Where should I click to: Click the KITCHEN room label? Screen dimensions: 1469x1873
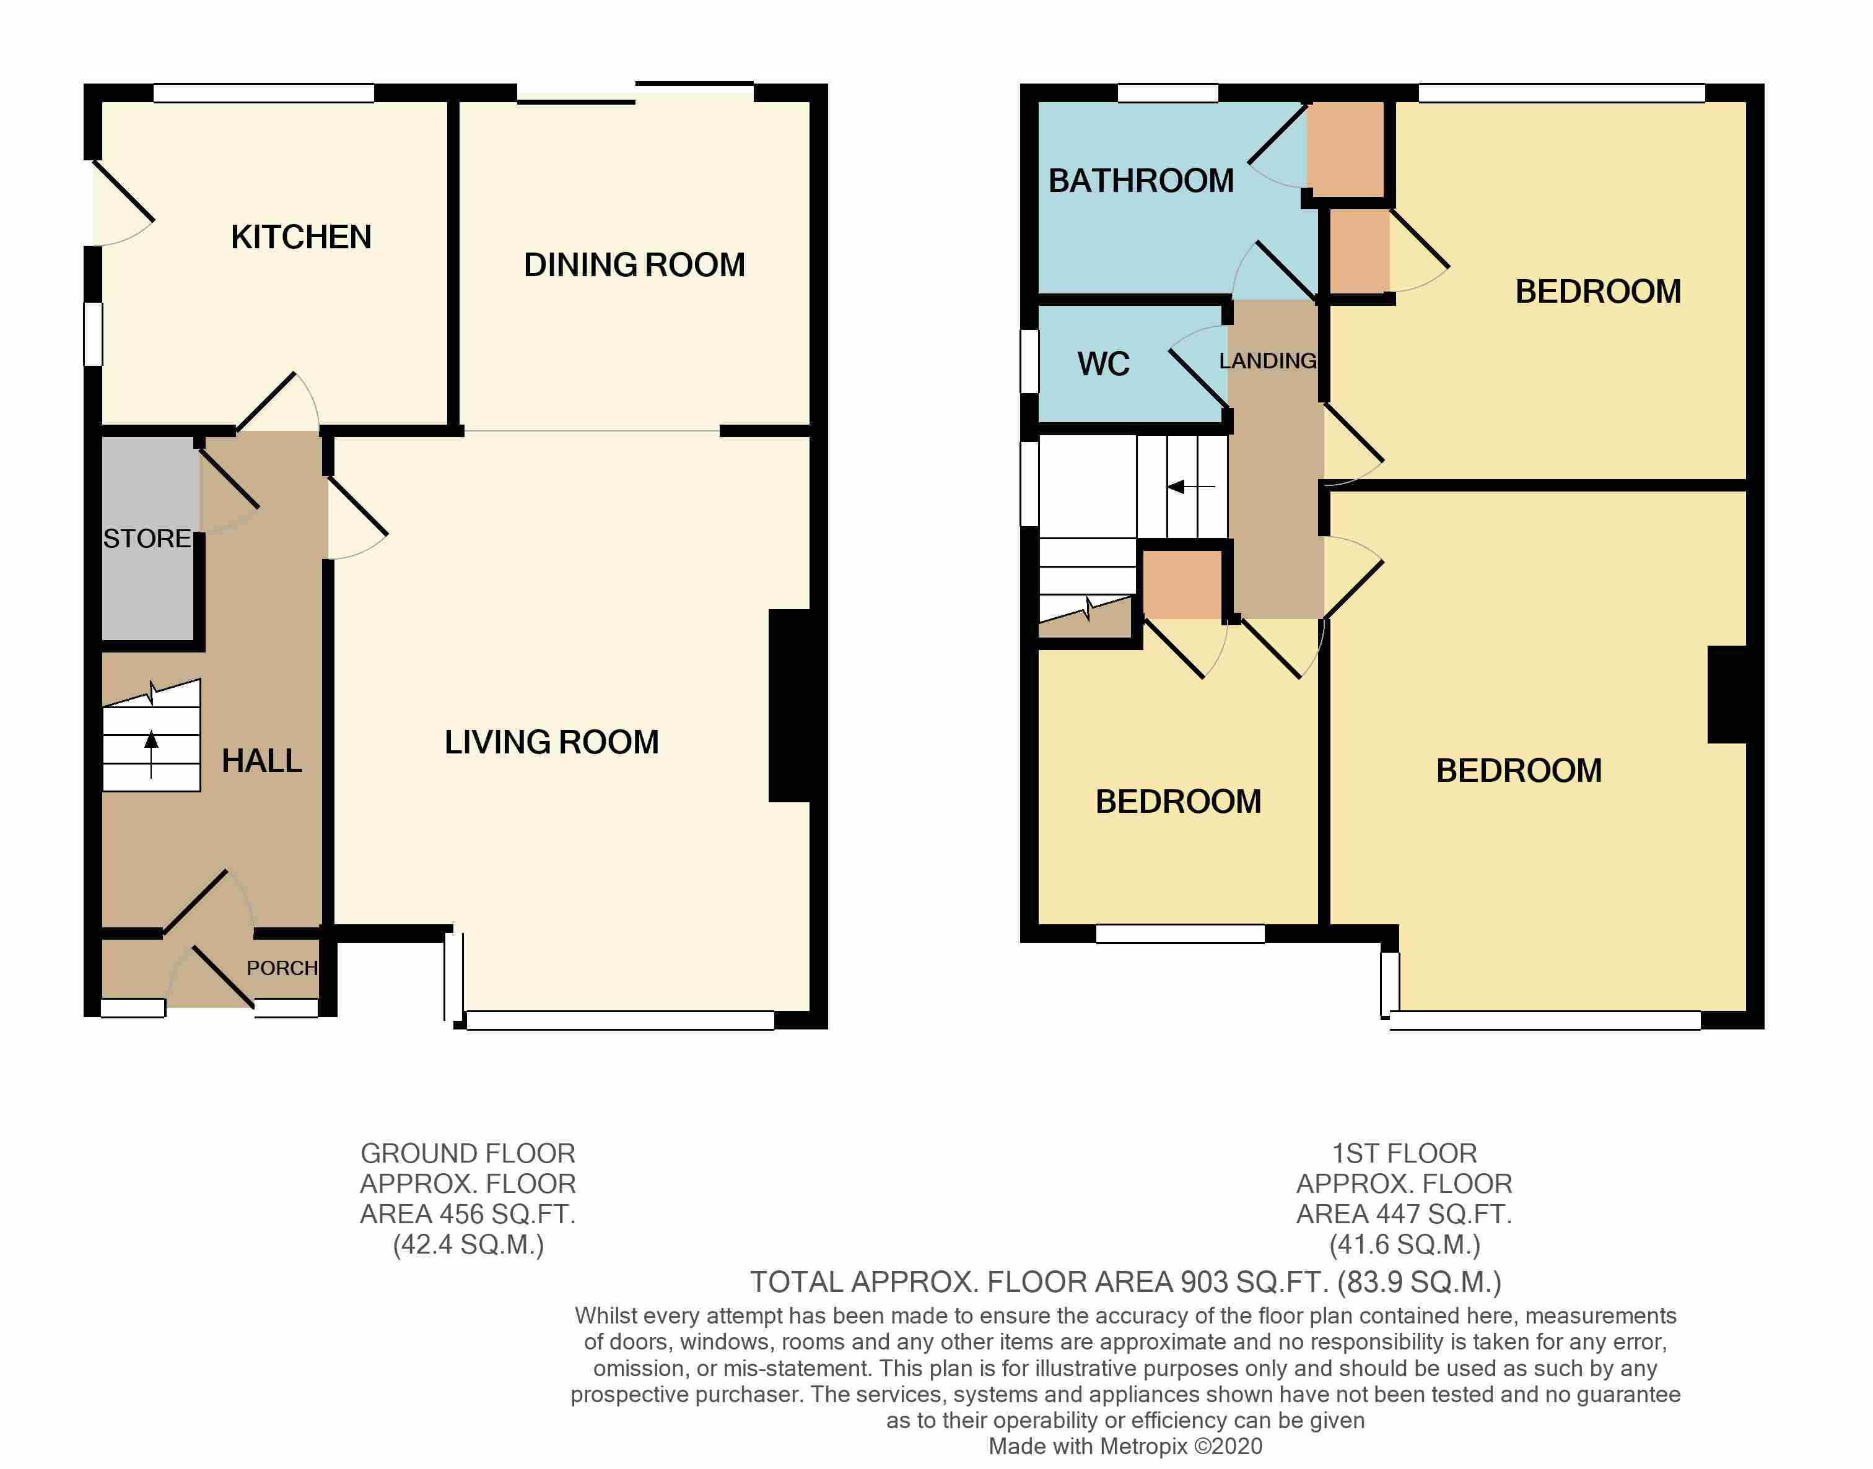pos(300,236)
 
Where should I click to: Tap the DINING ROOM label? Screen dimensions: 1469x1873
pos(634,264)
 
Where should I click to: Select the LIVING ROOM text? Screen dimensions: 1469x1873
pos(551,742)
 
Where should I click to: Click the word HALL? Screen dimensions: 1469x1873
pos(261,760)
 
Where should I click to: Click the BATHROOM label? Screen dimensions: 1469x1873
pos(1141,181)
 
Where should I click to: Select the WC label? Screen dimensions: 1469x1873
pos(1103,364)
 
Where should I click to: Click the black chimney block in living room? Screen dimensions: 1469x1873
pos(790,705)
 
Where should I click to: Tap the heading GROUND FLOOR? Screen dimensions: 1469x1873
pos(467,1153)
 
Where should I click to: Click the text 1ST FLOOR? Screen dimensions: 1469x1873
pos(1404,1153)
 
